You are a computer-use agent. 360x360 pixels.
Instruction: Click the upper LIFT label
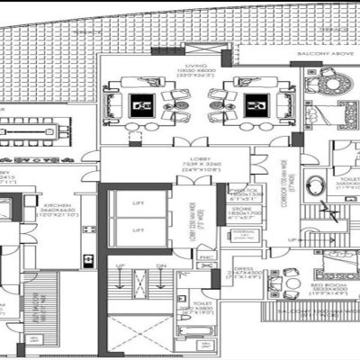point(137,205)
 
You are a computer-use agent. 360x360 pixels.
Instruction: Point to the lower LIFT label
point(137,230)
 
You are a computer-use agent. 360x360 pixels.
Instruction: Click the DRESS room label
point(243,268)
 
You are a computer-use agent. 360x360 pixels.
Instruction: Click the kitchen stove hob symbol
point(87,259)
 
